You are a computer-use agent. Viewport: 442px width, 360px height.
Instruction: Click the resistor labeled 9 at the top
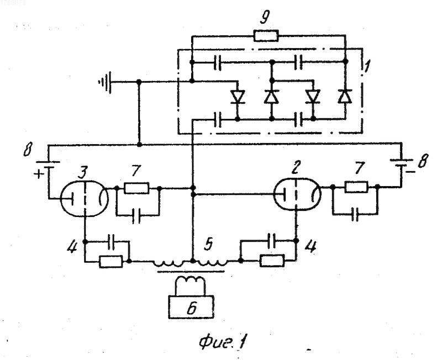click(266, 36)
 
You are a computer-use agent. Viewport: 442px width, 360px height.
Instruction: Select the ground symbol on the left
click(106, 82)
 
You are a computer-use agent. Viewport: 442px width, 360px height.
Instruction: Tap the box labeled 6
click(191, 307)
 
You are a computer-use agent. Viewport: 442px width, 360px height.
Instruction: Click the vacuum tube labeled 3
click(85, 199)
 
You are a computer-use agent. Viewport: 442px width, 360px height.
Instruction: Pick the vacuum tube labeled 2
click(297, 194)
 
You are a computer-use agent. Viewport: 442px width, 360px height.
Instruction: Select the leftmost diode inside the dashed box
click(238, 97)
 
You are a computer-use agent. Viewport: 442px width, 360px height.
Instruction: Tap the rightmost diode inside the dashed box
click(345, 96)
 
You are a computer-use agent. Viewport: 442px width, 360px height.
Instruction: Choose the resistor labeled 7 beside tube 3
click(136, 188)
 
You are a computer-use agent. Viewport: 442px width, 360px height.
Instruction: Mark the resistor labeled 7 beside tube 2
click(356, 187)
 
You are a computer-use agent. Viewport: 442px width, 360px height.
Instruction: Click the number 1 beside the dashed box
click(367, 66)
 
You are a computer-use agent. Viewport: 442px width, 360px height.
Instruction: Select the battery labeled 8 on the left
click(48, 164)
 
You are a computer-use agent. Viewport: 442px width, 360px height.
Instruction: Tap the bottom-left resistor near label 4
click(111, 261)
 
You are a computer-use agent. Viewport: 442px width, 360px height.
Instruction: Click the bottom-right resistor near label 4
click(272, 260)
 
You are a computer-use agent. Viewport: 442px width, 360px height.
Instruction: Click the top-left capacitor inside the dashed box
click(217, 62)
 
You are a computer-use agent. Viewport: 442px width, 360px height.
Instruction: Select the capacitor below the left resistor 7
click(136, 216)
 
